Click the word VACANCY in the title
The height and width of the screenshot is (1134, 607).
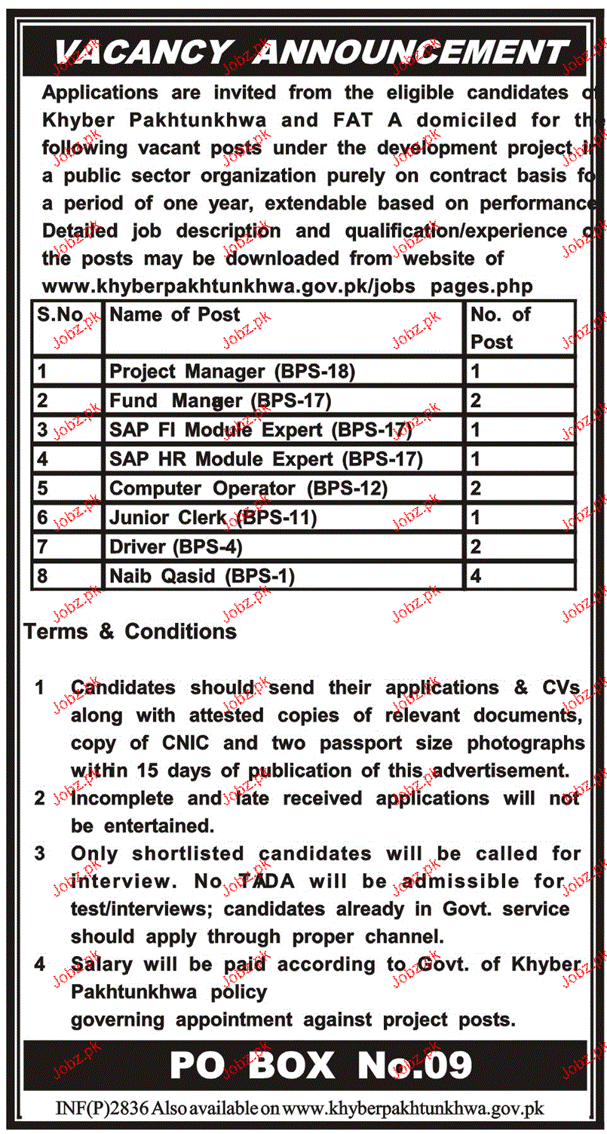click(x=143, y=53)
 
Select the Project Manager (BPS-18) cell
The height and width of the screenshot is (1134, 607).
click(x=232, y=371)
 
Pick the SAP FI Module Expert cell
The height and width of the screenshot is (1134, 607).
click(x=261, y=431)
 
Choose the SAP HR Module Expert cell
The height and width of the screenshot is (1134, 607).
click(x=266, y=459)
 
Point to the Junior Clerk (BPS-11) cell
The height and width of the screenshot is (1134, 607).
click(x=213, y=517)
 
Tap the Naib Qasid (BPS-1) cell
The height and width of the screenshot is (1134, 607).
click(x=202, y=577)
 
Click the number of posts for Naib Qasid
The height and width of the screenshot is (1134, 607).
click(x=476, y=577)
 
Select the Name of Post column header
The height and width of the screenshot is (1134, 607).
click(x=175, y=315)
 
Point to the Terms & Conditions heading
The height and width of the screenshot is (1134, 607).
click(x=130, y=631)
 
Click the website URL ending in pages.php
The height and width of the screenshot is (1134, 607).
click(x=287, y=287)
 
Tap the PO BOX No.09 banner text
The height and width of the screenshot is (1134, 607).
click(x=321, y=1066)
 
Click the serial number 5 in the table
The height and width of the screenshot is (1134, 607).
click(x=43, y=489)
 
